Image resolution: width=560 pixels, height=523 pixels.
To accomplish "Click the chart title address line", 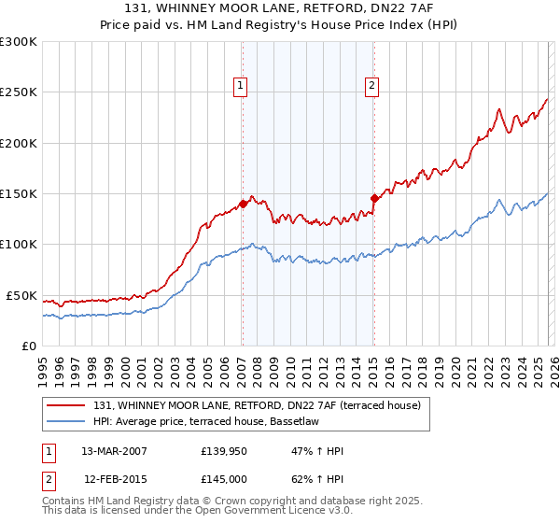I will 280,7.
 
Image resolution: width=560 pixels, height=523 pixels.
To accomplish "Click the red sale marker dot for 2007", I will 243,203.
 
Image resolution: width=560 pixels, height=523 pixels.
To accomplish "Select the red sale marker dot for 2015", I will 373,198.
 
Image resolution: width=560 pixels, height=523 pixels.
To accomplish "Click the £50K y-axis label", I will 21,295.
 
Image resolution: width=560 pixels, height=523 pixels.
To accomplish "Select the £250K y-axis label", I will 19,92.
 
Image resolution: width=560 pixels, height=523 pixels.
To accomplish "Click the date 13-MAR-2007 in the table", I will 114,452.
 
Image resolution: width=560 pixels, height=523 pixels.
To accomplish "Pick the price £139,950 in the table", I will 222,452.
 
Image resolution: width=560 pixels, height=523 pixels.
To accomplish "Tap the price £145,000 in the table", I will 222,479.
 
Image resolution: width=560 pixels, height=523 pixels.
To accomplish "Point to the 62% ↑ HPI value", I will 317,479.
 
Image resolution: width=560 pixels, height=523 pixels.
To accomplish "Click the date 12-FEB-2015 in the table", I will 114,479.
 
